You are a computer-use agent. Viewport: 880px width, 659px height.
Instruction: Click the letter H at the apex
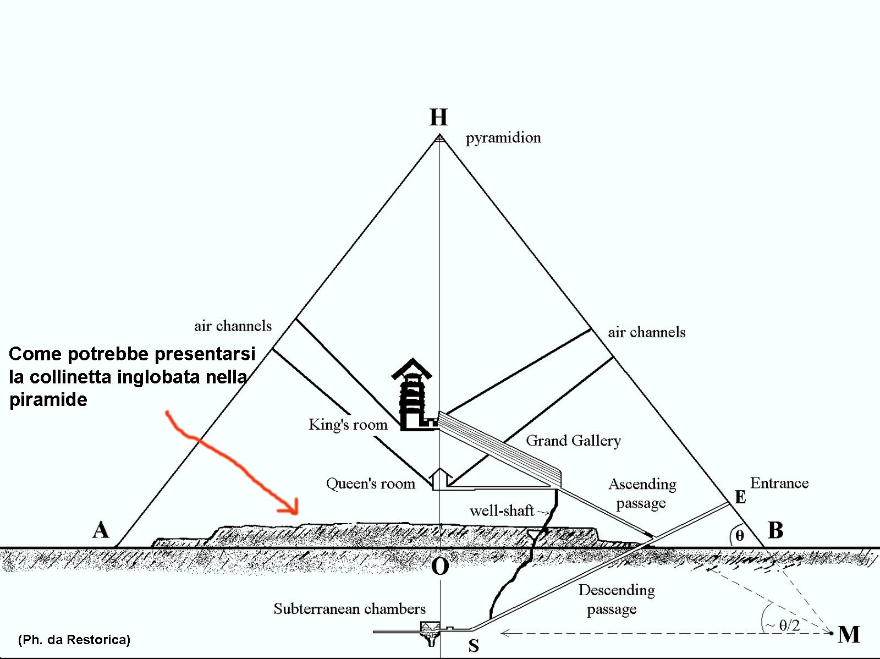point(438,118)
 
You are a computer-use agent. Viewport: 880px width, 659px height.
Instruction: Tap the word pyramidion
point(503,138)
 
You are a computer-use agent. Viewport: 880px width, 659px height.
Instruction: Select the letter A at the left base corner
point(101,530)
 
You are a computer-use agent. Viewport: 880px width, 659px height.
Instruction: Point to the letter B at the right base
point(776,530)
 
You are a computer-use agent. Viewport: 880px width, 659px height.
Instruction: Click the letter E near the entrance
point(740,497)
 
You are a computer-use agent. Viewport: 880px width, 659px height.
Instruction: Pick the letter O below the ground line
point(440,567)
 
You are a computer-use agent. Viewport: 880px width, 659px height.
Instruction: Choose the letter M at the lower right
point(849,634)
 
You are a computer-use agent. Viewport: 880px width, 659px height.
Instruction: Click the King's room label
point(348,425)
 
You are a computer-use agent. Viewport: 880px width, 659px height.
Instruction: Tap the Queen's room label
point(371,484)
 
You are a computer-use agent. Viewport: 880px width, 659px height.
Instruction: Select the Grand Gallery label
point(573,441)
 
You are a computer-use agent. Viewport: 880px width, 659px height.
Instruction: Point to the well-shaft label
point(502,510)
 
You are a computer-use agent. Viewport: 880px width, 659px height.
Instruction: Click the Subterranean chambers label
point(349,609)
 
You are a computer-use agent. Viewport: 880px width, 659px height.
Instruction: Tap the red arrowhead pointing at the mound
point(290,507)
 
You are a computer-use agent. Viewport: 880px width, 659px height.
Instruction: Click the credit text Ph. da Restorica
point(74,639)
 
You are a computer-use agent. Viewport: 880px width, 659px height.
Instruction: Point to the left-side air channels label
point(233,326)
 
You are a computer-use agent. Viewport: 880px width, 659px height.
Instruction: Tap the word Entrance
point(779,483)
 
